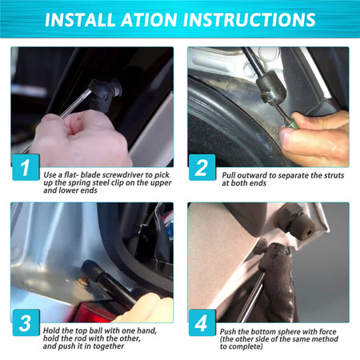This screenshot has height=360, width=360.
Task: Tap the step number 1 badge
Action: click(26, 167)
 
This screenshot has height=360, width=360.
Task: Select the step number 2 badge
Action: click(202, 167)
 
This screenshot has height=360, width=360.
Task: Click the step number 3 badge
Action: click(26, 322)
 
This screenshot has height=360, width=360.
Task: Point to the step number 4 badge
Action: click(202, 322)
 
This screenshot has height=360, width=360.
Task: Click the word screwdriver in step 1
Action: click(123, 175)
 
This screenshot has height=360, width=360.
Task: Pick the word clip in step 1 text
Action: click(124, 183)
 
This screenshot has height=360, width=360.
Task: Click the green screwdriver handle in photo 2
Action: click(290, 124)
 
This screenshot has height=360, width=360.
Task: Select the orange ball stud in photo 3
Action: click(84, 279)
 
